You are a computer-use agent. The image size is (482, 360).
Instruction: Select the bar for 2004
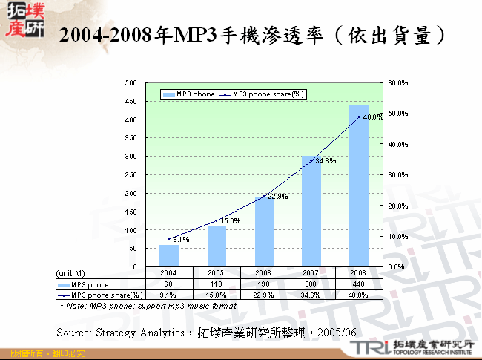[x=169, y=255]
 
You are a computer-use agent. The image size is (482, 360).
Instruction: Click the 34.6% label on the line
[x=326, y=160]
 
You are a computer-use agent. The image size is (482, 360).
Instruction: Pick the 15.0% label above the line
[x=231, y=220]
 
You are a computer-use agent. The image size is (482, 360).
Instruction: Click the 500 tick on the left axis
[x=132, y=83]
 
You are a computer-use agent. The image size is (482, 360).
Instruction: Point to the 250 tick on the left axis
[x=132, y=175]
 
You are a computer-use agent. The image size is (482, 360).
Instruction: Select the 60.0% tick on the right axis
[x=397, y=83]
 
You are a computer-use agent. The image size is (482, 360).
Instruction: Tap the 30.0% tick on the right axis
[x=397, y=175]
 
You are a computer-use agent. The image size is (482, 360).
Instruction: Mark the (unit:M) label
[x=71, y=273]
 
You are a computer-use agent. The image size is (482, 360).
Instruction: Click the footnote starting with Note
[x=148, y=306]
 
